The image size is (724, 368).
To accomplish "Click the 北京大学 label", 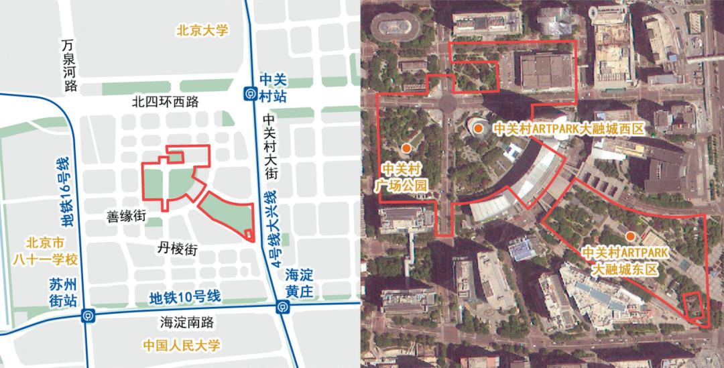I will pos(202,30).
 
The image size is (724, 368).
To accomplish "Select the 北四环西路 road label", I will pos(166,102).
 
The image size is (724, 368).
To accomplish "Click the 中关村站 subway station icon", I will pos(249,93).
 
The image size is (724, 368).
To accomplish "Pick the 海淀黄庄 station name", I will pos(299,283).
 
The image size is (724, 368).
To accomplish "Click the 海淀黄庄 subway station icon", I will pos(282,307).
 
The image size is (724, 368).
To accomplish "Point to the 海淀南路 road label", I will pos(186,322).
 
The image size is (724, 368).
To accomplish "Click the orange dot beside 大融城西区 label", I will pos(478,128).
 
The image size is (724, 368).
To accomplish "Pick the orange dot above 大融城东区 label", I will pos(630,236).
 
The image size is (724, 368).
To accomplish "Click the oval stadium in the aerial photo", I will pos(399,26).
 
